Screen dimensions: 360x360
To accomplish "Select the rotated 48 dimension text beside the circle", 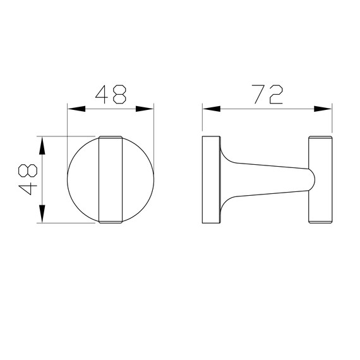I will click(27, 179).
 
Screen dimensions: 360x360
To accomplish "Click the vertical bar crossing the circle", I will click(111, 180).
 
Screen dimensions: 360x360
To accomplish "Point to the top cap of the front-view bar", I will click(111, 138).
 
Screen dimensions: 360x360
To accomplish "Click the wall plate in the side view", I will click(210, 179).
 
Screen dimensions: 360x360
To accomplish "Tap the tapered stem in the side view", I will click(265, 179).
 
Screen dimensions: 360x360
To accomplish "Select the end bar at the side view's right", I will click(320, 179).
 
